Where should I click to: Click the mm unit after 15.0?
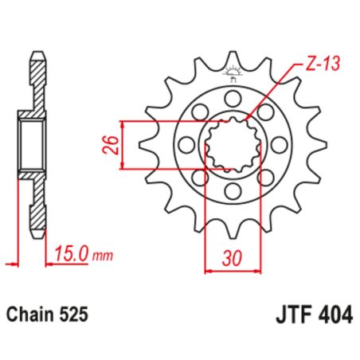point(101,256)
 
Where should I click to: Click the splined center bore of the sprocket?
point(231,145)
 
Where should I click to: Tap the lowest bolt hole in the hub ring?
point(231,192)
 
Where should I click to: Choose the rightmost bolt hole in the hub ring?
point(276,145)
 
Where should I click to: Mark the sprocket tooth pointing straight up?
point(232,62)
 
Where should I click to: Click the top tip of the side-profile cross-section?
point(37,55)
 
